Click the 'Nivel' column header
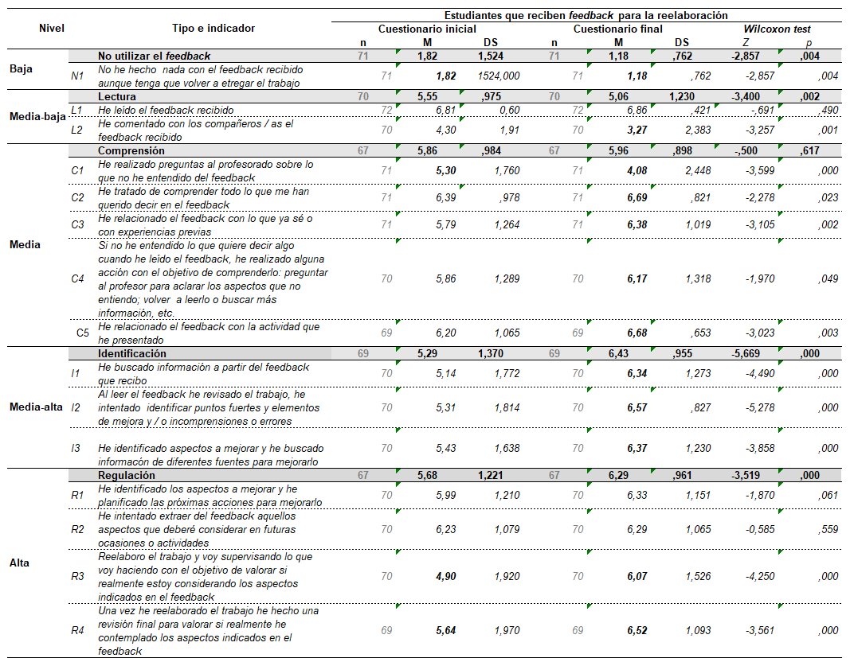[x=52, y=29]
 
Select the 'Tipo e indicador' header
[x=213, y=29]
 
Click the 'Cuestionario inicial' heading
[x=427, y=29]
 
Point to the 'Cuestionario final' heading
[x=618, y=29]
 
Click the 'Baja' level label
[x=22, y=68]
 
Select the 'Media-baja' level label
[x=37, y=116]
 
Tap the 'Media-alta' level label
[x=37, y=407]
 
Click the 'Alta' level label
[x=20, y=563]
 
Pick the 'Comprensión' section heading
[x=131, y=150]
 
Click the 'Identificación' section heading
[x=132, y=352]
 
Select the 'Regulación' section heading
[x=127, y=476]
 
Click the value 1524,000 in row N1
[x=499, y=76]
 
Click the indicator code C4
[x=77, y=278]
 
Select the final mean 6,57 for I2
[x=637, y=407]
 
